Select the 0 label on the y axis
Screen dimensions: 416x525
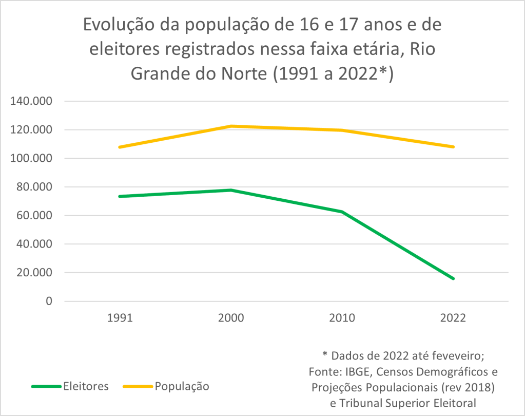pos(49,301)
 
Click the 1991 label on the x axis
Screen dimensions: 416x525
pos(120,318)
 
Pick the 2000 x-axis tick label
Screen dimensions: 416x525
pos(231,318)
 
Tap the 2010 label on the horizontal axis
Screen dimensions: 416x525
pos(342,318)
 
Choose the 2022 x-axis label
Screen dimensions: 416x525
pos(453,318)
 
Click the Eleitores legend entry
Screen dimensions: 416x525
pos(86,387)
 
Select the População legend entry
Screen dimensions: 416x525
pos(182,387)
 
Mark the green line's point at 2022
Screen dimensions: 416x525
pos(453,278)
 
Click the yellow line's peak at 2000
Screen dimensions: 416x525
pos(231,126)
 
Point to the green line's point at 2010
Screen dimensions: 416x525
pos(342,212)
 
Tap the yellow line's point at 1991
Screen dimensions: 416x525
pos(120,147)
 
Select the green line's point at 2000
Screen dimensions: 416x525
pos(231,190)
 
